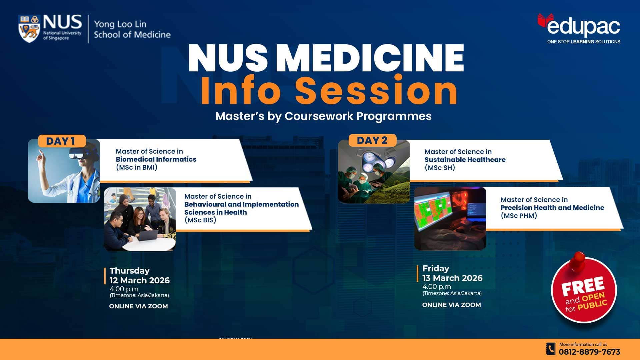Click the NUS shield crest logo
coord(29,28)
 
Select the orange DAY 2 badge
coord(372,140)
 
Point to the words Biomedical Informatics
coord(156,159)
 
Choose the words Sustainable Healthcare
coord(465,160)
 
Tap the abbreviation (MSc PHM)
coord(519,216)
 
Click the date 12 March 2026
coord(140,280)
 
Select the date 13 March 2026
coord(452,278)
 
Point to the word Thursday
coord(130,271)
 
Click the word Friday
coord(436,268)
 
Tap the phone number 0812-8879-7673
coord(589,352)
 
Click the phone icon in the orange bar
coord(551,349)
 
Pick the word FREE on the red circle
coord(583,286)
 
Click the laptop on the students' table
coord(148,235)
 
